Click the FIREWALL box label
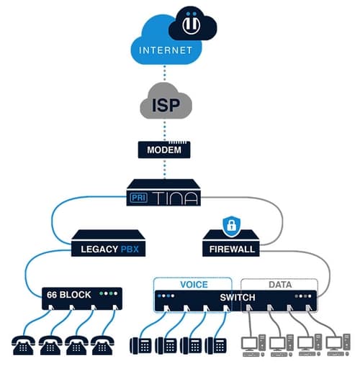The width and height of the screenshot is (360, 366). (x=231, y=249)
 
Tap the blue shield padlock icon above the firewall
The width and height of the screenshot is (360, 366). (x=231, y=224)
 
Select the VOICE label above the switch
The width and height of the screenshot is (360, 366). (x=194, y=284)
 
